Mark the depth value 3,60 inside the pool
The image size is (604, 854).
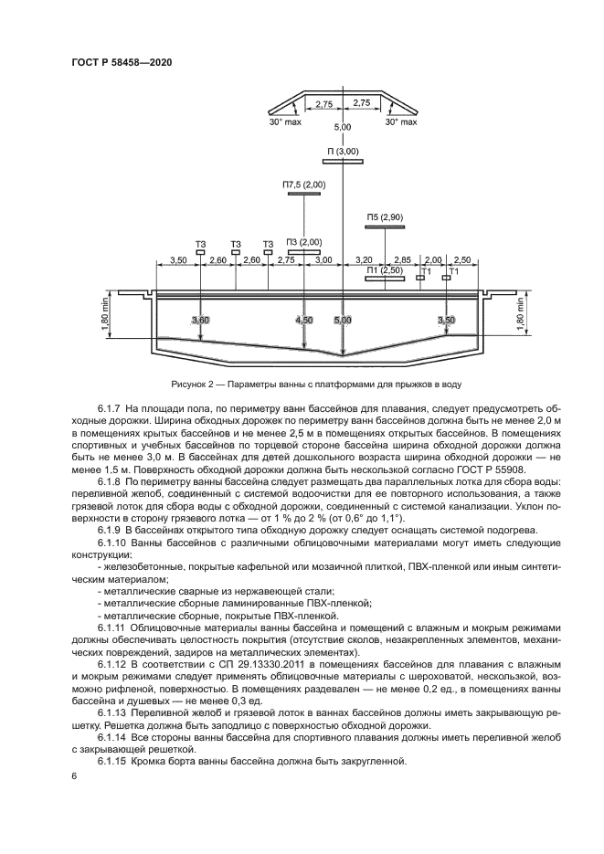(201, 321)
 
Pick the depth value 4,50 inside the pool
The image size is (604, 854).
(304, 321)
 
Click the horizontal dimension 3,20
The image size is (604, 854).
(364, 261)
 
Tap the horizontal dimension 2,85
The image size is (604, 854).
(402, 261)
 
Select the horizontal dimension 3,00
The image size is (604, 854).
(323, 261)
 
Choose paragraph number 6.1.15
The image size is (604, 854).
(111, 762)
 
